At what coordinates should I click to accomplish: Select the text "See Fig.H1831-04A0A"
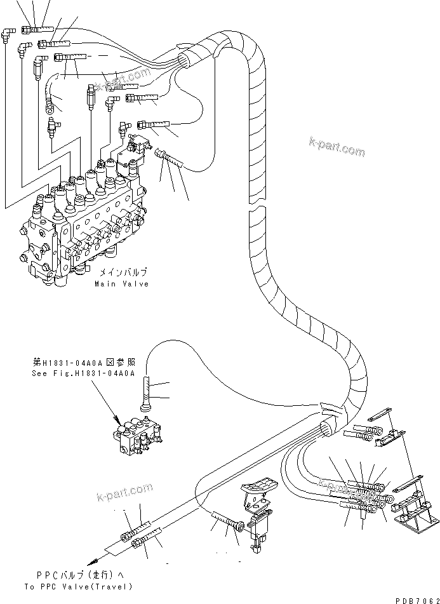pos(83,373)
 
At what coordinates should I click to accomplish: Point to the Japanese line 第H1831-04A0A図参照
pos(83,364)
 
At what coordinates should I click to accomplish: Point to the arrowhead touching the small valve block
pos(117,420)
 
